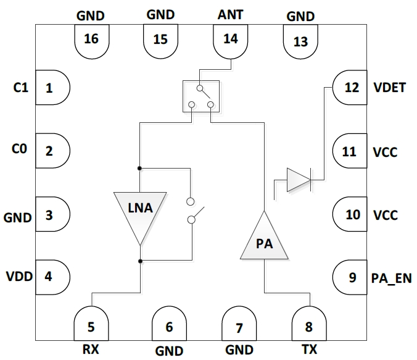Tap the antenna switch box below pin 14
[x=201, y=96]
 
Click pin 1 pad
[x=52, y=88]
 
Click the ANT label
[x=230, y=14]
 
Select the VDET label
[x=389, y=87]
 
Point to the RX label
[x=91, y=350]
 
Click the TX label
[x=309, y=350]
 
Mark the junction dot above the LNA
[x=141, y=168]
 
